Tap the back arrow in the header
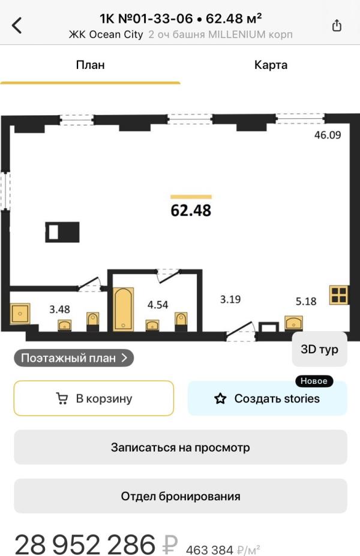point(17,26)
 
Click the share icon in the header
point(337,26)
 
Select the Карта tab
point(271,65)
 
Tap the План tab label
point(90,65)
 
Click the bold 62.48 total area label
point(191,211)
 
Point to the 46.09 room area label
point(328,135)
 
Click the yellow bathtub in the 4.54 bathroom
point(124,309)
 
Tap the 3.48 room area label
point(59,309)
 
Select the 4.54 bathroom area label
point(158,305)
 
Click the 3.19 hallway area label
point(230,299)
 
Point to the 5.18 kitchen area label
point(306,302)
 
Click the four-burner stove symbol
point(339,295)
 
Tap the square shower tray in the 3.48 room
point(20,314)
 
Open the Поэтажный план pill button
point(74,358)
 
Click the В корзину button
point(94,398)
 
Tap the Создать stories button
point(268,398)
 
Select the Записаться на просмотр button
point(180,447)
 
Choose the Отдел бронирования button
point(180,496)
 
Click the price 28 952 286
point(85,544)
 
